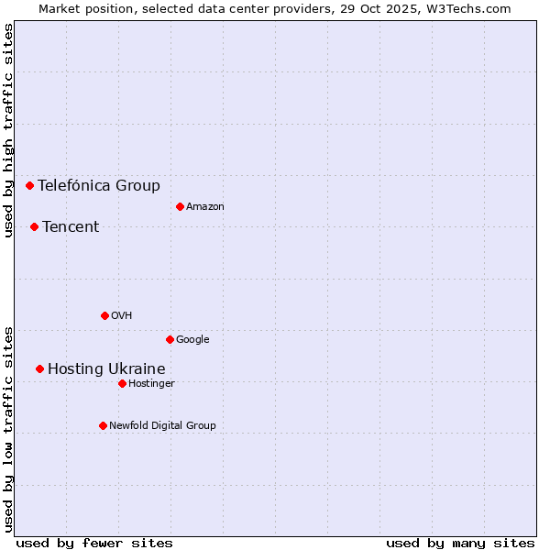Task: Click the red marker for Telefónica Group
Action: click(29, 185)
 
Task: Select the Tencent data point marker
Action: click(34, 226)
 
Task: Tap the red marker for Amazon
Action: click(180, 206)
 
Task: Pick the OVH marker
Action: click(104, 315)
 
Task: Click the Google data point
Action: click(170, 339)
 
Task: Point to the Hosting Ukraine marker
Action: click(39, 368)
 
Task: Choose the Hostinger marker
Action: click(122, 383)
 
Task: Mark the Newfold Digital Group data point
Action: click(103, 425)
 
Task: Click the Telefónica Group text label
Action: click(99, 185)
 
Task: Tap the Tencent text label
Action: click(71, 226)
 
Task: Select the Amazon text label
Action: click(205, 206)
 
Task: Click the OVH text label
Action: click(122, 315)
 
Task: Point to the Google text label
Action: click(192, 339)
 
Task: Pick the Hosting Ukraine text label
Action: click(106, 368)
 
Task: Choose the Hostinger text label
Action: click(151, 383)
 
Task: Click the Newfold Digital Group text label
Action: click(162, 425)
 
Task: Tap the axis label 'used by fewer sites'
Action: click(94, 543)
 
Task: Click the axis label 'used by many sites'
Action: click(460, 543)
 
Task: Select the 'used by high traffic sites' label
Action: click(8, 130)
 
